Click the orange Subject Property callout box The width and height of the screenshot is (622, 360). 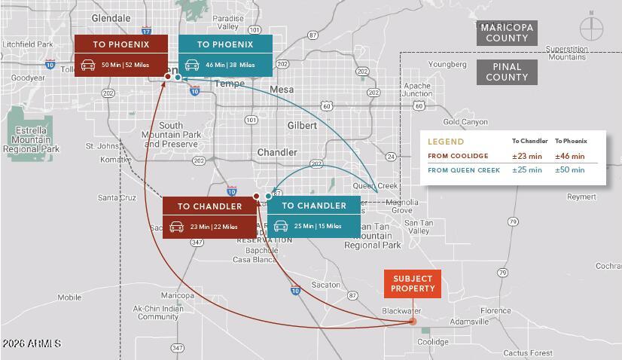tap(413, 284)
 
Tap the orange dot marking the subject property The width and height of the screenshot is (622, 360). tap(413, 322)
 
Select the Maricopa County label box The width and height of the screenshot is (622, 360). tap(507, 33)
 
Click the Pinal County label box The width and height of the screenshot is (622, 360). tap(507, 72)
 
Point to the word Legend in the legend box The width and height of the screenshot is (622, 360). tap(446, 142)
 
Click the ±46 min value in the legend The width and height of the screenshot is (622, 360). tap(569, 156)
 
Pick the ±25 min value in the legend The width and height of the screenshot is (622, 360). tap(527, 170)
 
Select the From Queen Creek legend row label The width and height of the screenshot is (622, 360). tap(464, 170)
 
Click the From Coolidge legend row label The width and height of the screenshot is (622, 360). tap(458, 156)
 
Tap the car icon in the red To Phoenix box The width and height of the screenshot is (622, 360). tap(88, 66)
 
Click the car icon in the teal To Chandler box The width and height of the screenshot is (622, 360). tap(281, 226)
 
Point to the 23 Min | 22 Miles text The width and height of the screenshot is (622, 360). tap(214, 227)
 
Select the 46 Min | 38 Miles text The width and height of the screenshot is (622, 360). tap(230, 66)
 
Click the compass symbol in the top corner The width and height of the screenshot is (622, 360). tap(591, 29)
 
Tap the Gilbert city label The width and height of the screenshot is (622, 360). tap(302, 125)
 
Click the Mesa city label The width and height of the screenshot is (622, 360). tap(282, 89)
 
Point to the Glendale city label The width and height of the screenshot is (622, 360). tap(111, 18)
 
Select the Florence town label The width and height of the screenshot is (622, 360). tap(495, 311)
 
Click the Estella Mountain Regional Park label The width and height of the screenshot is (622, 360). tap(31, 139)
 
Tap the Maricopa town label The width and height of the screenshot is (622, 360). tap(178, 295)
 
